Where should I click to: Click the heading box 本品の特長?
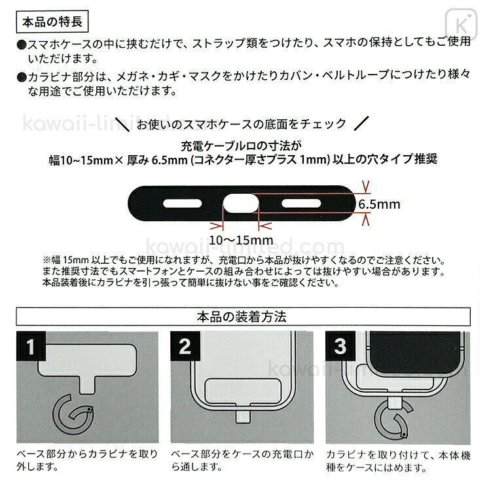click(x=52, y=22)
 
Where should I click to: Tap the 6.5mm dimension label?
click(x=379, y=204)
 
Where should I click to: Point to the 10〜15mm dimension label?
click(x=241, y=240)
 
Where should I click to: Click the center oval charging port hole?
click(x=241, y=203)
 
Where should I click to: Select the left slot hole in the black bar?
click(x=182, y=204)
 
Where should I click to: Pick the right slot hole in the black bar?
click(x=301, y=204)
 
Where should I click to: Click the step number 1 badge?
click(x=31, y=346)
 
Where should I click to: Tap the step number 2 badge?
click(x=185, y=346)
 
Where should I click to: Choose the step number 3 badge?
click(x=340, y=346)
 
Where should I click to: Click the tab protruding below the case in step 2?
click(x=243, y=417)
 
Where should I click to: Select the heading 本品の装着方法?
click(x=242, y=317)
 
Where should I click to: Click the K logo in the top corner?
click(x=461, y=24)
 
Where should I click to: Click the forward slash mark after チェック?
click(x=361, y=123)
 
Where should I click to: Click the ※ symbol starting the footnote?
click(x=46, y=260)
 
